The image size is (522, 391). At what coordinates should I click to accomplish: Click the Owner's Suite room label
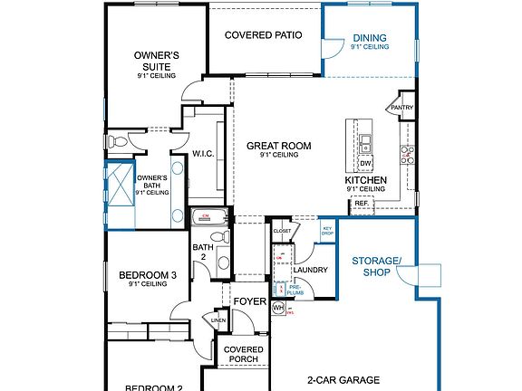coord(157,61)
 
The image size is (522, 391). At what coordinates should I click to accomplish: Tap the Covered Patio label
coord(263,35)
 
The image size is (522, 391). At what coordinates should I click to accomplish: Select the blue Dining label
coord(370,38)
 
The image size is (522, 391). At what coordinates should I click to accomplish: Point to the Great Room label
coord(278,146)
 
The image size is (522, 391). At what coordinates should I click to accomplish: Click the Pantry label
coord(401,107)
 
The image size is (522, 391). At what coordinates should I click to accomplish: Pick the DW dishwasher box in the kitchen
coord(364,163)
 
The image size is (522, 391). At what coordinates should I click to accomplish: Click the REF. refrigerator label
coord(362,204)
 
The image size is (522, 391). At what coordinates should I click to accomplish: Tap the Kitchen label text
coord(365,180)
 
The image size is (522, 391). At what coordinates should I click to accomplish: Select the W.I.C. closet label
coord(202,154)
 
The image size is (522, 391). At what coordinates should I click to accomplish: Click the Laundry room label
coord(310,270)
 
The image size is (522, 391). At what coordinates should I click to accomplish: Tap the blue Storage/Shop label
coord(376,266)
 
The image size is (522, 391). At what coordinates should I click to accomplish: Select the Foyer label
coord(249,301)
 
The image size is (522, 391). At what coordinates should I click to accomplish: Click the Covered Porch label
coord(243,354)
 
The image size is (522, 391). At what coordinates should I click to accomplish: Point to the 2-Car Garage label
coord(343,380)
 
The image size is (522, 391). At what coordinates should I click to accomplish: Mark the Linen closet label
coord(219,320)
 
